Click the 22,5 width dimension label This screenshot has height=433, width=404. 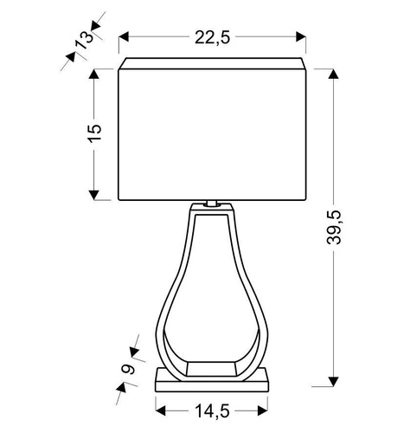point(212,36)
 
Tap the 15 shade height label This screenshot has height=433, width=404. point(95,133)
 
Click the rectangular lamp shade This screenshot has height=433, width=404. point(212,130)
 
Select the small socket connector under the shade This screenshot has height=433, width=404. point(212,205)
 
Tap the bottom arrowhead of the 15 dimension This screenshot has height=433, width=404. point(94,196)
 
